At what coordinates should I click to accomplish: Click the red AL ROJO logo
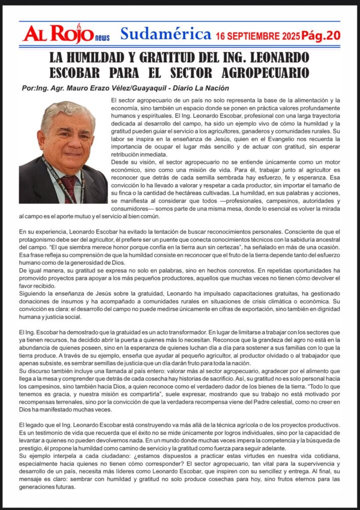(x=58, y=34)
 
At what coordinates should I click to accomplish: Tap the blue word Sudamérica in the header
(x=165, y=34)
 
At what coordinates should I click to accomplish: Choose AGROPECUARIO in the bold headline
(x=265, y=72)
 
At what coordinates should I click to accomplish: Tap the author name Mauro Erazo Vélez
(x=94, y=88)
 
